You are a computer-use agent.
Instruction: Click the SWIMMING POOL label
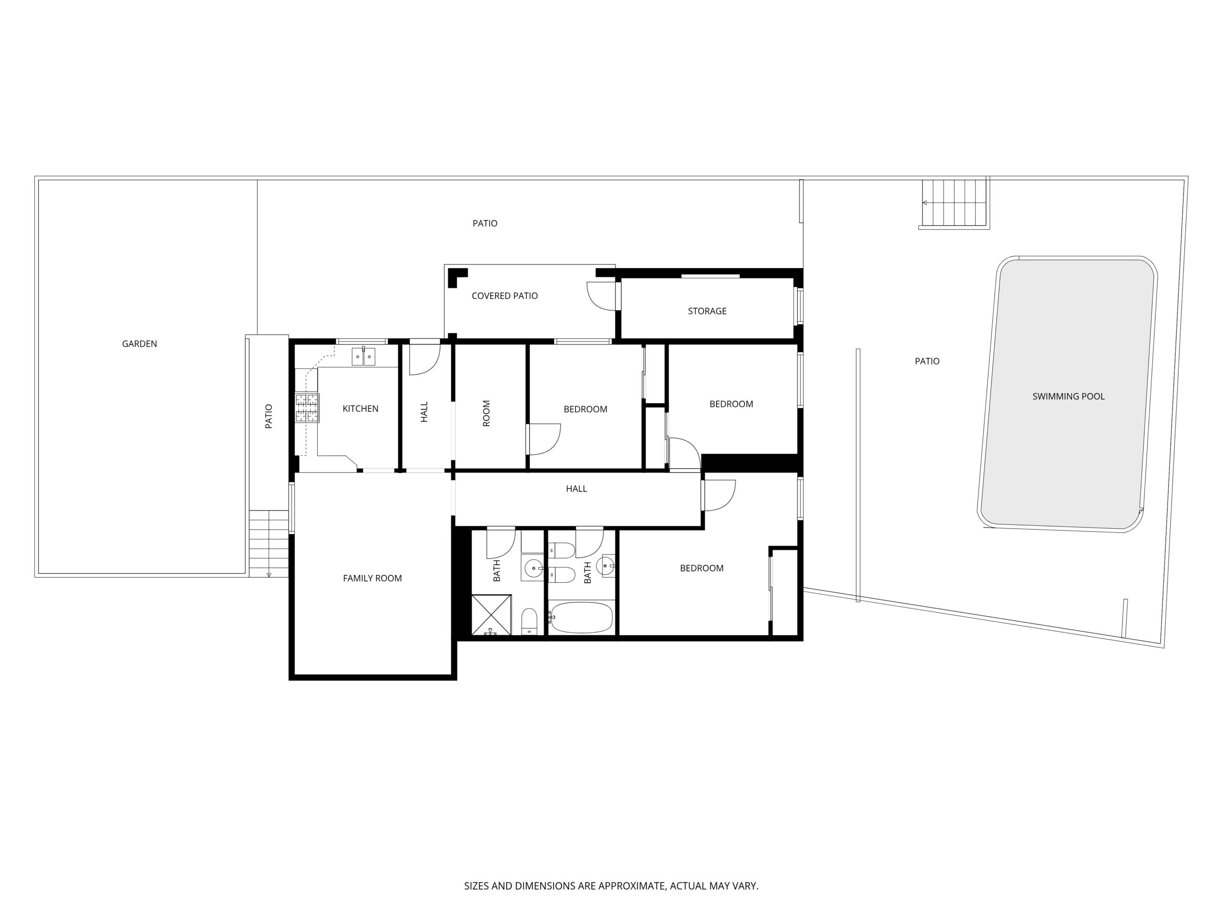[x=1068, y=396]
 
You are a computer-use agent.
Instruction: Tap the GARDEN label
[x=139, y=344]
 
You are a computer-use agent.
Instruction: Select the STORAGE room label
[x=707, y=311]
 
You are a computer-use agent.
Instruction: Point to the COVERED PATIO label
[x=504, y=296]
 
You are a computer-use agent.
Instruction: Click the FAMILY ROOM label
[x=372, y=578]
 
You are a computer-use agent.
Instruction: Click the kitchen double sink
[x=363, y=356]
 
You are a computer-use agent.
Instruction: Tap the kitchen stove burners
[x=307, y=407]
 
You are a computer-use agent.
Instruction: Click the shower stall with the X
[x=491, y=615]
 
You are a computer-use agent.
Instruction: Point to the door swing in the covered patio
[x=601, y=296]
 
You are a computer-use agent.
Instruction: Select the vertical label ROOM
[x=486, y=413]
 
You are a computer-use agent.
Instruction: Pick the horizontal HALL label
[x=576, y=489]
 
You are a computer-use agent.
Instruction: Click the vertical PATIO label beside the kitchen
[x=268, y=416]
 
